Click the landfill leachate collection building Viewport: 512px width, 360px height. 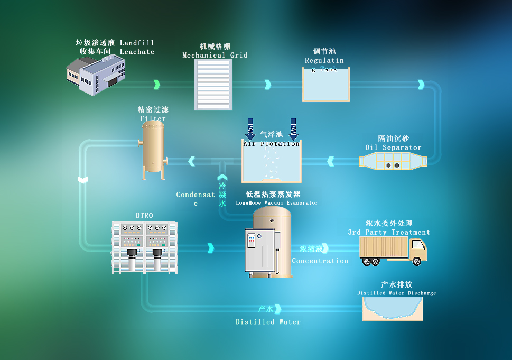click(96, 75)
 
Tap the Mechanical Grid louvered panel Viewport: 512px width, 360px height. click(213, 85)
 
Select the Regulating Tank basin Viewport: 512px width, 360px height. click(325, 86)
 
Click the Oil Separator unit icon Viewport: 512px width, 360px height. click(393, 161)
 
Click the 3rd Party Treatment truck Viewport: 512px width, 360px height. click(393, 250)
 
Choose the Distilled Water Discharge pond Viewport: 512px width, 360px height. click(393, 308)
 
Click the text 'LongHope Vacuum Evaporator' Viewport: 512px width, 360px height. click(277, 203)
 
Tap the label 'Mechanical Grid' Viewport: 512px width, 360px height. click(215, 55)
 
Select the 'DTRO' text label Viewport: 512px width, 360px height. click(144, 216)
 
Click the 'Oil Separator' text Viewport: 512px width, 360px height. click(393, 147)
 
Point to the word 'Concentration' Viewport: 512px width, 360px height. click(320, 261)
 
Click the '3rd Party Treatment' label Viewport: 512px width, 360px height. click(389, 232)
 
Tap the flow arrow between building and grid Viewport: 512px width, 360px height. click(156, 85)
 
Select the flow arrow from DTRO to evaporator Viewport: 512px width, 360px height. click(211, 248)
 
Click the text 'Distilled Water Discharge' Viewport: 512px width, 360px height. click(396, 293)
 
